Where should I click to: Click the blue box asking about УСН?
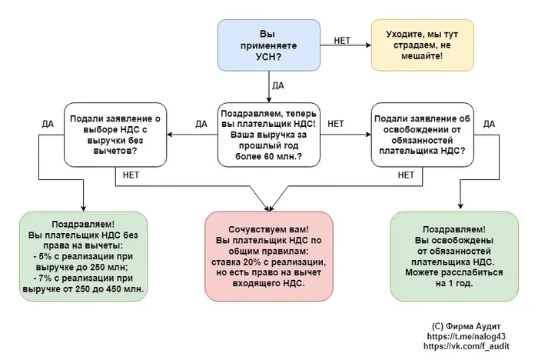[x=267, y=45]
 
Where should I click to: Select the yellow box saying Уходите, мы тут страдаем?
[x=420, y=45]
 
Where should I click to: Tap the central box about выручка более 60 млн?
[x=267, y=135]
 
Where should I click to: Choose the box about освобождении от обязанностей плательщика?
[x=421, y=135]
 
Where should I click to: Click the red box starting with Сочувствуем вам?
[x=268, y=257]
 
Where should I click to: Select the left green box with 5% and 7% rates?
[x=82, y=257]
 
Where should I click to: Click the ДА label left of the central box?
[x=201, y=123]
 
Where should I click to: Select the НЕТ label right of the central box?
[x=336, y=123]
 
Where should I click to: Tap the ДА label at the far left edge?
[x=48, y=123]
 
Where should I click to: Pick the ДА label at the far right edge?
[x=489, y=123]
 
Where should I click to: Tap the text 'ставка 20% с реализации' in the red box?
[x=268, y=262]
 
